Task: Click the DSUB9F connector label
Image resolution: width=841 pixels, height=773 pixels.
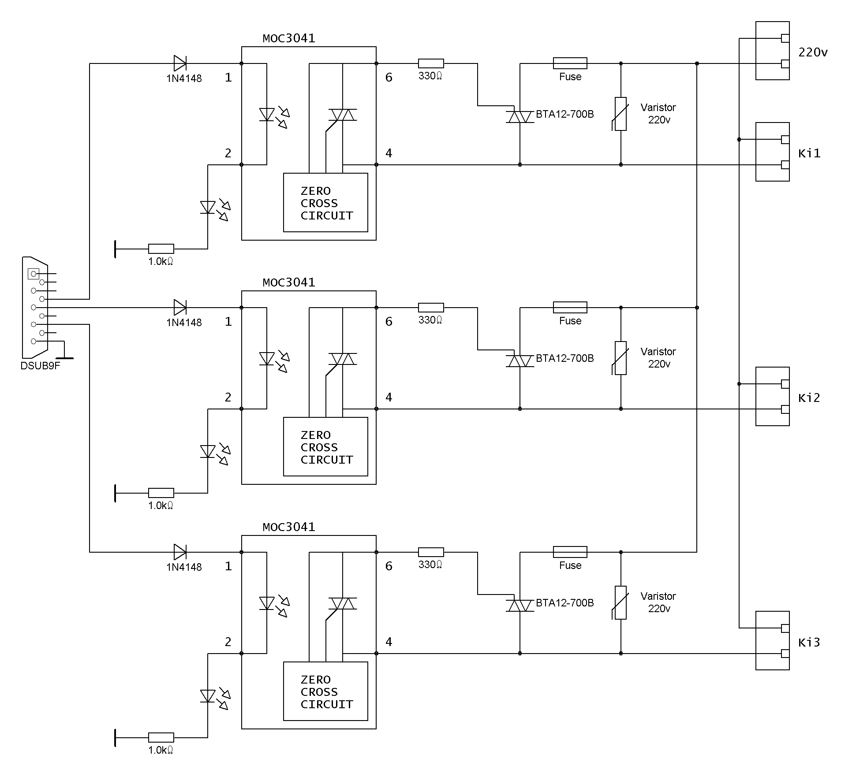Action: [40, 366]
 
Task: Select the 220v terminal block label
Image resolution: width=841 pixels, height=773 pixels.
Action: [813, 52]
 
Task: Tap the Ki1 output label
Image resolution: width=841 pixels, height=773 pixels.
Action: [809, 153]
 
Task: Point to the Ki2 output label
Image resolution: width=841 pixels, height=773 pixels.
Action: [809, 398]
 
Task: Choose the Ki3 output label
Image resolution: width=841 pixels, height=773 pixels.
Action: [809, 643]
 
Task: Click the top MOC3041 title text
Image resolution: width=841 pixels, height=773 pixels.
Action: [289, 38]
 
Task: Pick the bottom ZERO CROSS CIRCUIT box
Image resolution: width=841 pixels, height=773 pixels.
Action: [325, 691]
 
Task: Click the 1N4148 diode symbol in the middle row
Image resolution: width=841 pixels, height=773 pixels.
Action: [180, 307]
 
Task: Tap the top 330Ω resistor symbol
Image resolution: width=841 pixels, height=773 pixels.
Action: [431, 63]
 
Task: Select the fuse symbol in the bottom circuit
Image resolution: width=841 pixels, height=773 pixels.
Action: [570, 552]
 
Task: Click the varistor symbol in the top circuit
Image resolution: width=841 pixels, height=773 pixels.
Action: [620, 114]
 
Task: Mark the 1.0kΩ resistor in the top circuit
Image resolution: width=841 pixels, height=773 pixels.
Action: [161, 249]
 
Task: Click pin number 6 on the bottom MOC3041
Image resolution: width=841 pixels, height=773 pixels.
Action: [389, 566]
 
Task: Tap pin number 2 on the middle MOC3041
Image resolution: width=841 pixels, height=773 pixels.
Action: [228, 398]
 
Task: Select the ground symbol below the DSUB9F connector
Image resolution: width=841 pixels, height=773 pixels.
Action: [64, 354]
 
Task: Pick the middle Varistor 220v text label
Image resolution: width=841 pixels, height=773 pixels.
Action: [658, 358]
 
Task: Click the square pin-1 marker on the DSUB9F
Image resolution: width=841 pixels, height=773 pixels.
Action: [34, 274]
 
